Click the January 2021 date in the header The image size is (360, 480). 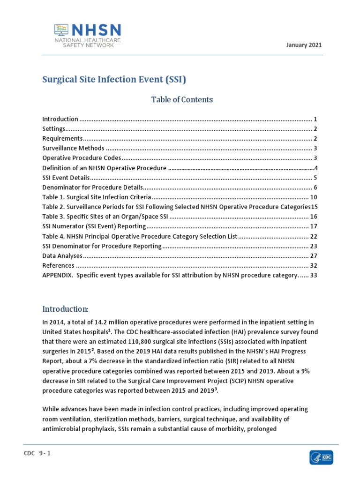pyautogui.click(x=304, y=45)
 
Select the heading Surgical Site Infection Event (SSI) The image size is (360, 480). pyautogui.click(x=114, y=80)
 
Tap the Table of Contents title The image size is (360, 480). pyautogui.click(x=182, y=99)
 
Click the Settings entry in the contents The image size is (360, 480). pyautogui.click(x=53, y=129)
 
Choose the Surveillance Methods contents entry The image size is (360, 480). pyautogui.click(x=73, y=148)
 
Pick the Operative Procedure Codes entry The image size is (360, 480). pyautogui.click(x=82, y=158)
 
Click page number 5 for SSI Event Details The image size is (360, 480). pyautogui.click(x=316, y=178)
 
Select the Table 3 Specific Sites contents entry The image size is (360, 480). pyautogui.click(x=105, y=217)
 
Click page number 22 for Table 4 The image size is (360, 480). pyautogui.click(x=314, y=236)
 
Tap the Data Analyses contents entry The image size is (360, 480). pyautogui.click(x=62, y=255)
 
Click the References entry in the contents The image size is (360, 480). pyautogui.click(x=58, y=265)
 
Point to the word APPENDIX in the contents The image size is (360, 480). pyautogui.click(x=57, y=275)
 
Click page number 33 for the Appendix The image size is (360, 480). pyautogui.click(x=314, y=275)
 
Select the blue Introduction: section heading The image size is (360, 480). pyautogui.click(x=65, y=309)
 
